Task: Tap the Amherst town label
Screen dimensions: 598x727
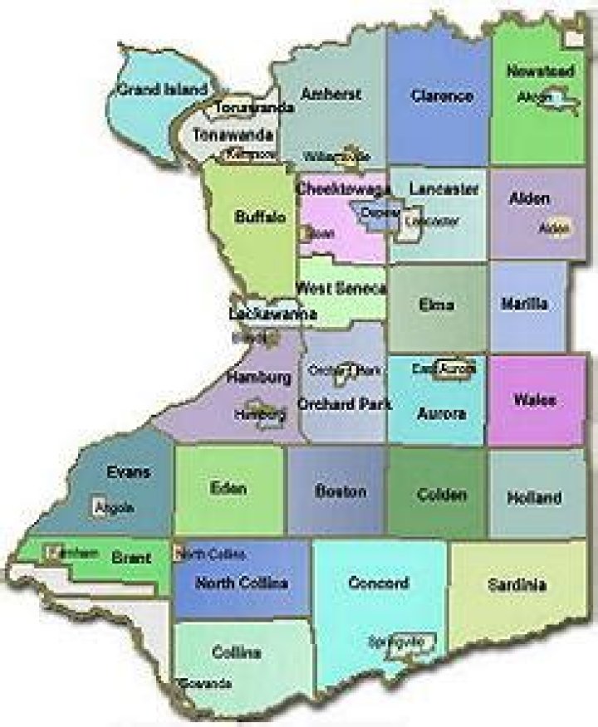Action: point(331,95)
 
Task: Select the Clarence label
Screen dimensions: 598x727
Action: point(442,96)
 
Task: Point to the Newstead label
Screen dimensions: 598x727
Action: point(540,72)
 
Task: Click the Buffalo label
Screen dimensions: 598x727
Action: point(260,217)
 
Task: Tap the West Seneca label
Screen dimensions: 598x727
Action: point(341,288)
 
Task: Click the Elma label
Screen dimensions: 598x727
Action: point(438,305)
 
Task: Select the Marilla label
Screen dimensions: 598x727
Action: point(524,305)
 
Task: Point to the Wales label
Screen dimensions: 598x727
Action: point(534,401)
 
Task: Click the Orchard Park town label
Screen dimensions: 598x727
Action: point(345,405)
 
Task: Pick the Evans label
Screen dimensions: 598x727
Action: point(129,472)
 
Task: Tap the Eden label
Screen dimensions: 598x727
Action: point(228,488)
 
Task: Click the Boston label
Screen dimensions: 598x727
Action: point(341,491)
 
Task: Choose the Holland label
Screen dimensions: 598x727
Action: point(534,498)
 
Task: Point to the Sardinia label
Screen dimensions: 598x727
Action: point(517,585)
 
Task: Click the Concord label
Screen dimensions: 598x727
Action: point(379,583)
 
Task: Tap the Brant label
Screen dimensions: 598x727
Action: point(131,559)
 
